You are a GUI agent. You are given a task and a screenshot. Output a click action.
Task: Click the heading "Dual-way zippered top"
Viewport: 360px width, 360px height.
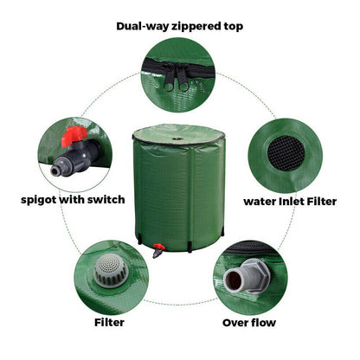click(x=179, y=26)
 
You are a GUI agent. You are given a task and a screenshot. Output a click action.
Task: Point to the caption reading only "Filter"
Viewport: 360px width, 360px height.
click(x=109, y=323)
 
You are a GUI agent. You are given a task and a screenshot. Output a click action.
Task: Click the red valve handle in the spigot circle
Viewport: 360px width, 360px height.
click(x=73, y=137)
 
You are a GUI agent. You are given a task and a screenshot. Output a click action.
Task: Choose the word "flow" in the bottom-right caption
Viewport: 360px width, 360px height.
click(x=263, y=323)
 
